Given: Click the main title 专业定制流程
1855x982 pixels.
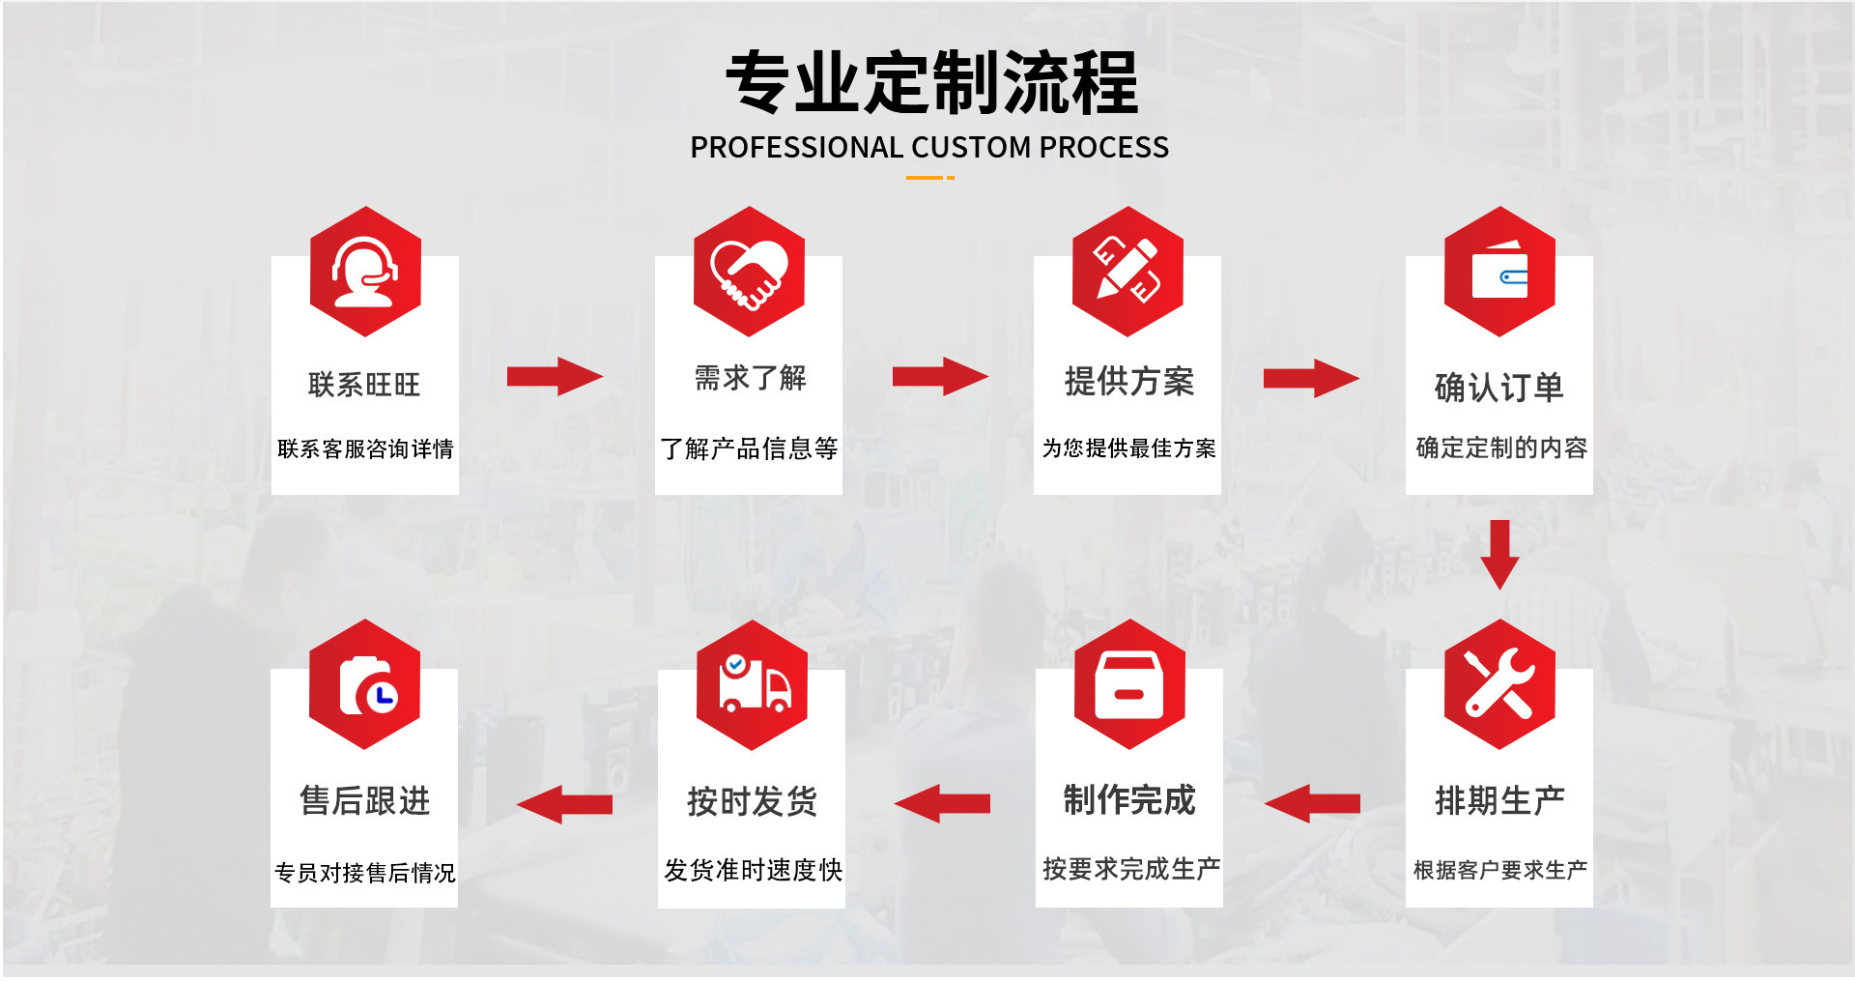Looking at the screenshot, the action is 931,83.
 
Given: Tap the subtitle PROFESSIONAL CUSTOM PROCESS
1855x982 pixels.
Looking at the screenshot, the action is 929,148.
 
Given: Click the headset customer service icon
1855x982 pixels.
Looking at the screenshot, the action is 365,273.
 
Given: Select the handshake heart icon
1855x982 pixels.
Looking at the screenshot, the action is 749,273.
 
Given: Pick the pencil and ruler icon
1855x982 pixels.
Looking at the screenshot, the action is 1127,272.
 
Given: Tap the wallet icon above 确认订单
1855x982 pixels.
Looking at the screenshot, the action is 1499,273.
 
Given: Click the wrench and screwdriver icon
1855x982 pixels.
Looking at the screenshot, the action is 1499,684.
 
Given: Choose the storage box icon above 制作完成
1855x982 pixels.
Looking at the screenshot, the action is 1128,684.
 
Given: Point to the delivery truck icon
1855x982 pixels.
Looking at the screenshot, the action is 752,685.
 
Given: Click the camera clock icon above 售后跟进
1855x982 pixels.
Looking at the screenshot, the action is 365,684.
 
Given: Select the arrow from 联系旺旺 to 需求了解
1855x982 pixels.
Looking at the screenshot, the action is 555,376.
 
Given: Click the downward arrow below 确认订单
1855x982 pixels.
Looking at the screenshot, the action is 1499,555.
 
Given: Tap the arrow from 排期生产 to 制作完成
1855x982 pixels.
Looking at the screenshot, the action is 1312,803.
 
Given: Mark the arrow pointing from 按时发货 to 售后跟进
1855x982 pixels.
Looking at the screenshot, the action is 565,803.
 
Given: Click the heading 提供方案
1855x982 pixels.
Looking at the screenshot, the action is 1128,382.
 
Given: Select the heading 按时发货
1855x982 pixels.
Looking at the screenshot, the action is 752,801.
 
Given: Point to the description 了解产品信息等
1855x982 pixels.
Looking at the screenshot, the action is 749,448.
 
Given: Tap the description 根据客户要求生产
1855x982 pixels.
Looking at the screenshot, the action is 1499,870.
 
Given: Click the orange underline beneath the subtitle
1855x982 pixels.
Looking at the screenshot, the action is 929,178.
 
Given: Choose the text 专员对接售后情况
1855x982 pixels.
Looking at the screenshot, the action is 365,873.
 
